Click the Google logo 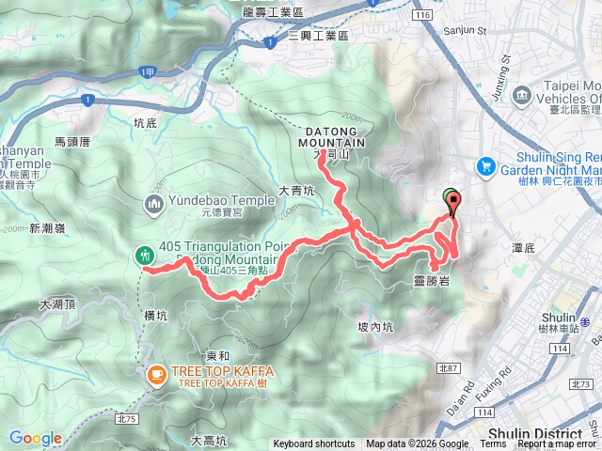[36, 438]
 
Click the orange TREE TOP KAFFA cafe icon [154, 375]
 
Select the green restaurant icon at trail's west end [144, 254]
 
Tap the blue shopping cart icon [486, 164]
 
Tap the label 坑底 [149, 122]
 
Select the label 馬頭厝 [71, 143]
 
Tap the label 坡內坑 [375, 327]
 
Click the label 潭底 [523, 249]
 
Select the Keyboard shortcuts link [314, 444]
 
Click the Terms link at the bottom [493, 444]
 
